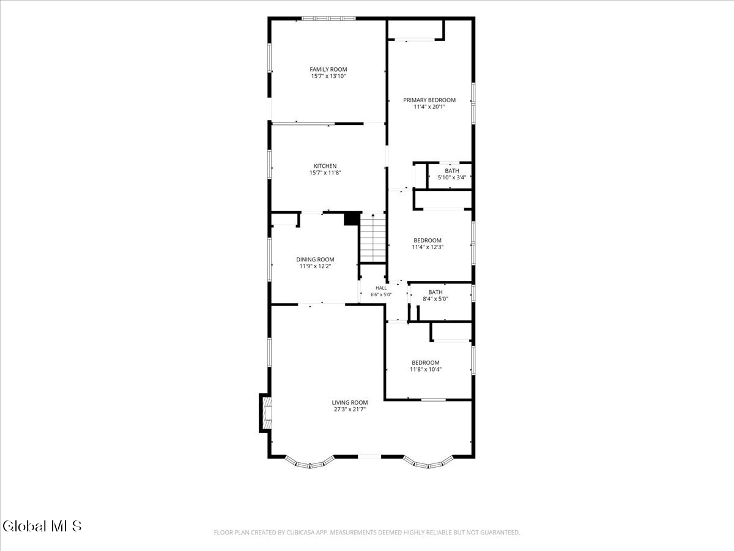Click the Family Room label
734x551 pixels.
pos(328,69)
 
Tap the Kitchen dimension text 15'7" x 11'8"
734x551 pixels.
pos(325,173)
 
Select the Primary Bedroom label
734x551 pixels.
pos(429,100)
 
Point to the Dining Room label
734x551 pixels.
pos(315,259)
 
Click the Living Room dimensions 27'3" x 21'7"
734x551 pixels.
pos(350,409)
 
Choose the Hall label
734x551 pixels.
pos(381,288)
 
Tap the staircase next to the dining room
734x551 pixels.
pos(373,238)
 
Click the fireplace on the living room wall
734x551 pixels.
pos(265,413)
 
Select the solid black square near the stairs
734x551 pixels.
pos(352,219)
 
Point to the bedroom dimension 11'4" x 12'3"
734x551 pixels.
pos(428,247)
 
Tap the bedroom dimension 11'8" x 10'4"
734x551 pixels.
pos(426,369)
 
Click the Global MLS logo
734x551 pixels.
pos(42,526)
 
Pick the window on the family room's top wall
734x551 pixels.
pos(328,18)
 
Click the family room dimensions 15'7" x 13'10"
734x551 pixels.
pos(328,76)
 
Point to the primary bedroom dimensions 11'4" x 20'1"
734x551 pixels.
pos(429,107)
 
